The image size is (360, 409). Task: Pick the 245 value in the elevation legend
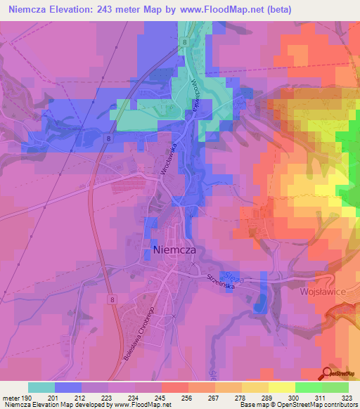click(161, 398)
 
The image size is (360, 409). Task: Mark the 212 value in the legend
click(81, 398)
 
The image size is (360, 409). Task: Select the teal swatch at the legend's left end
click(41, 387)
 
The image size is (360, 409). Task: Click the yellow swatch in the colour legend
click(281, 387)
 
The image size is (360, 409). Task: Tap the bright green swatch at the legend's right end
click(335, 387)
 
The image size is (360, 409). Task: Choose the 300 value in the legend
click(295, 398)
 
